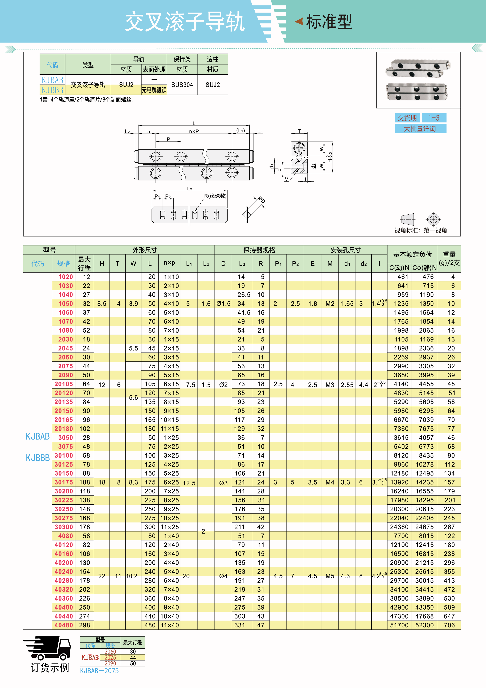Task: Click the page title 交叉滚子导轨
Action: pyautogui.click(x=185, y=22)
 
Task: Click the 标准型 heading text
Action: pyautogui.click(x=329, y=22)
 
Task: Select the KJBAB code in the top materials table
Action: pyautogui.click(x=52, y=80)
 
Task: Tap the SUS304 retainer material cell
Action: pyautogui.click(x=182, y=85)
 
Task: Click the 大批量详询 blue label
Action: pyautogui.click(x=420, y=129)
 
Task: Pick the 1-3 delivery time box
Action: pyautogui.click(x=434, y=118)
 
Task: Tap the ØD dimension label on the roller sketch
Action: pyautogui.click(x=262, y=200)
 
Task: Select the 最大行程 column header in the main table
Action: pyautogui.click(x=84, y=263)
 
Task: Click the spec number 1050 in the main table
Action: pyautogui.click(x=66, y=304)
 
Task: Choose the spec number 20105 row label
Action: pyautogui.click(x=64, y=384)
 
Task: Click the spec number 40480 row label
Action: pyautogui.click(x=64, y=625)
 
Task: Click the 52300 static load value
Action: pyautogui.click(x=424, y=625)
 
